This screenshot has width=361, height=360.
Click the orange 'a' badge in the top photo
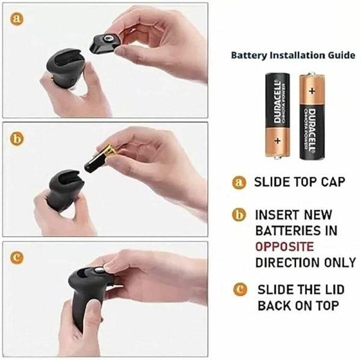(19, 19)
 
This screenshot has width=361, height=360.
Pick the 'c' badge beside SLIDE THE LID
(242, 290)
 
